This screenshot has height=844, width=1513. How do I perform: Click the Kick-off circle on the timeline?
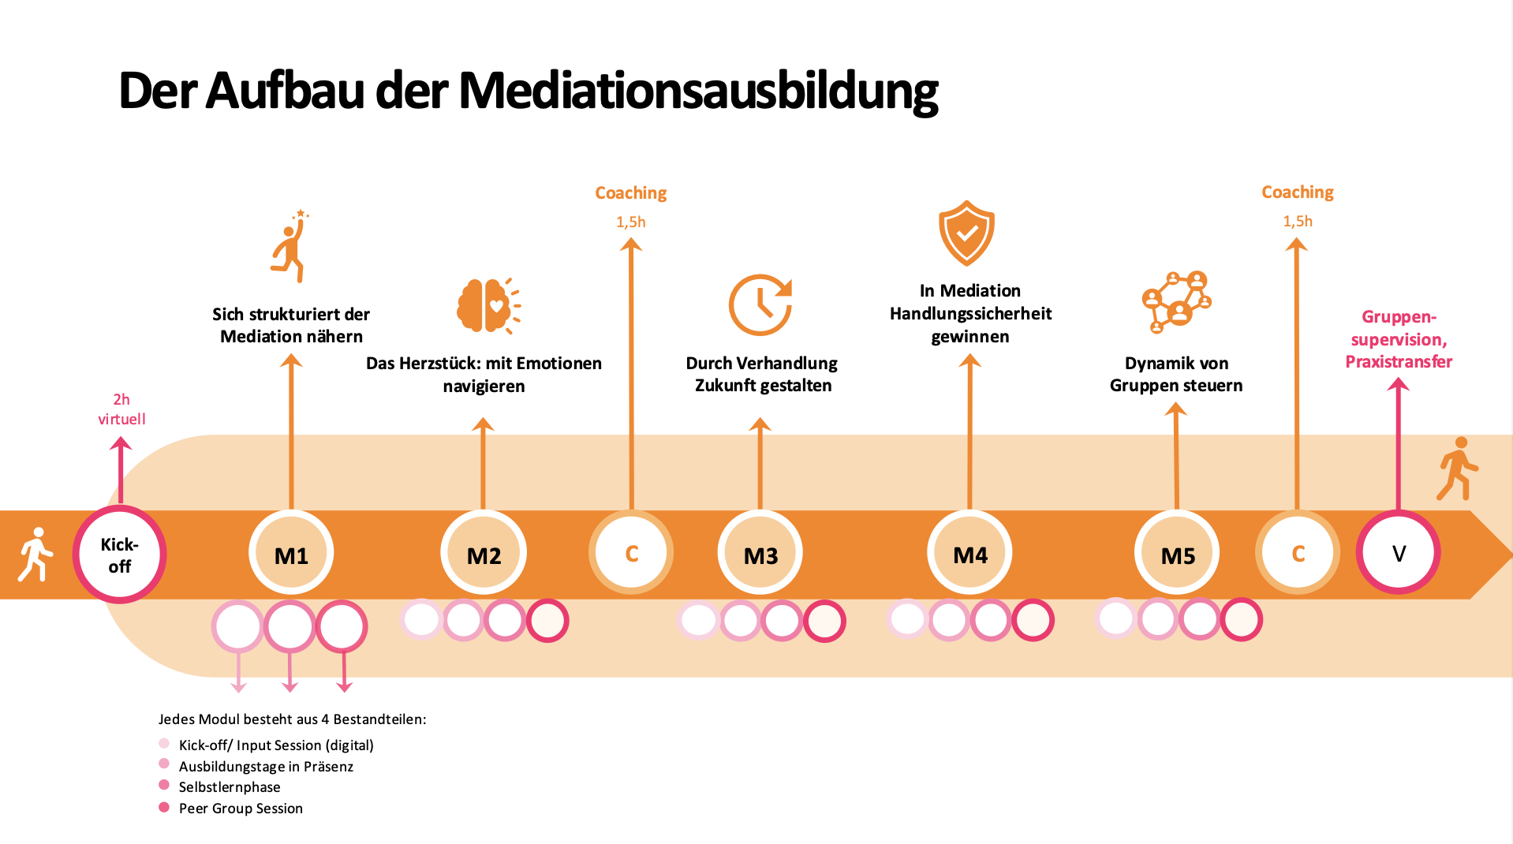click(119, 555)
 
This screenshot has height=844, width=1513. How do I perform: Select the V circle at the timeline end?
click(1398, 553)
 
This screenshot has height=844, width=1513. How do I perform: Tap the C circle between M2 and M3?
click(631, 553)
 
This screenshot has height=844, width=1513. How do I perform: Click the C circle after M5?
click(1298, 553)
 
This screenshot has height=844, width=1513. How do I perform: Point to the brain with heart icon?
click(488, 305)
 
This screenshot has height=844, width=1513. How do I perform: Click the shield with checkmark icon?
click(966, 233)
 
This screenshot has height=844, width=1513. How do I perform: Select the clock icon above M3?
click(760, 304)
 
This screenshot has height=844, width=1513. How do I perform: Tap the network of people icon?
click(1176, 301)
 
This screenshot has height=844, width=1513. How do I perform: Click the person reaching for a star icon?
click(290, 246)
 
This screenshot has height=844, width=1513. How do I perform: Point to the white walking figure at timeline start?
click(35, 554)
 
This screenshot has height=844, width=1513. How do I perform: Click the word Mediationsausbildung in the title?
click(698, 91)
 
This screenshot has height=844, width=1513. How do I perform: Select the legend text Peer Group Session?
click(241, 808)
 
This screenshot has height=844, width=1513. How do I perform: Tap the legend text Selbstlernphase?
click(230, 786)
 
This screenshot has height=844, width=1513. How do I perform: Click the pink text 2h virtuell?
click(121, 409)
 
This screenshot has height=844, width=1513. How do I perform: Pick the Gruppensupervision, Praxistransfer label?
click(1399, 339)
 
